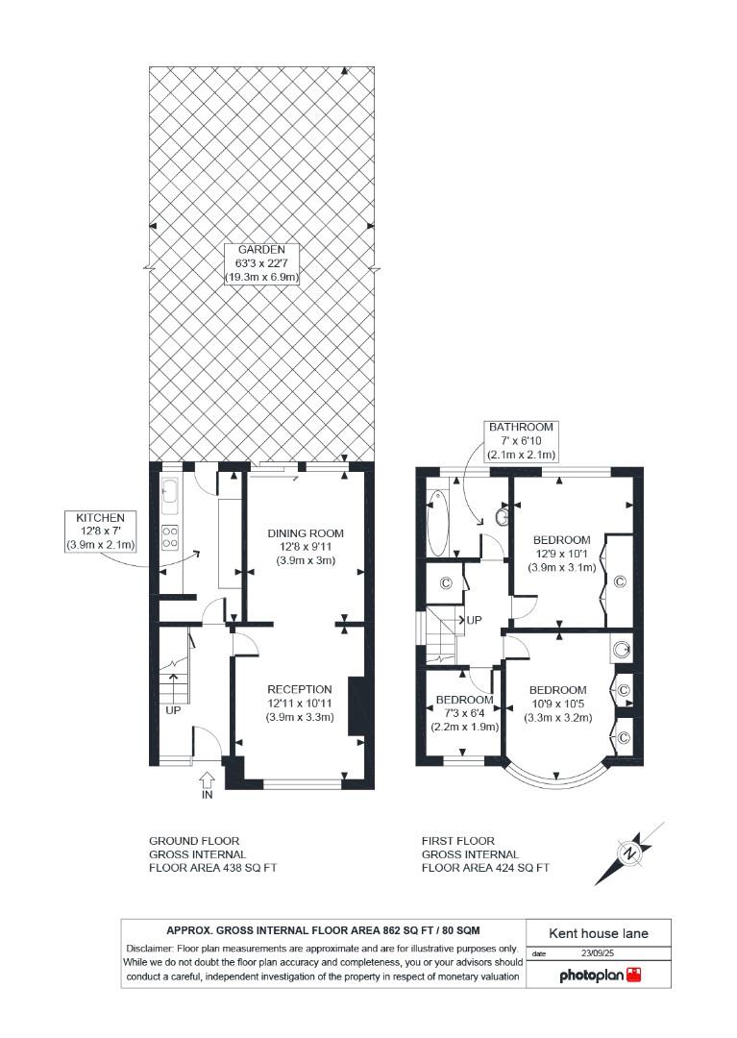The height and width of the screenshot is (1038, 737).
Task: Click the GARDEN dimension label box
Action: pos(262,263)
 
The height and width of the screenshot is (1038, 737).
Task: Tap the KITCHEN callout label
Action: pos(101,531)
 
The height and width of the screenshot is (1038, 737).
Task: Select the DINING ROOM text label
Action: pos(306,546)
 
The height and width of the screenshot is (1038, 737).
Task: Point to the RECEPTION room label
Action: pos(300,703)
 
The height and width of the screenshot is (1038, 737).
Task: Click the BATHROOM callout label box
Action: pos(522,439)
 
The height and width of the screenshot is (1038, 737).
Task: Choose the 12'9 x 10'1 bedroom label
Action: pos(562,553)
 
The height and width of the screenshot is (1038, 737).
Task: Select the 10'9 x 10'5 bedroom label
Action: pos(557,704)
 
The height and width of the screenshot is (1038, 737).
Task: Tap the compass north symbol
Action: pos(629,853)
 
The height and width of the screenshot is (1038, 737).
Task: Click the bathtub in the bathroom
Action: pos(437,523)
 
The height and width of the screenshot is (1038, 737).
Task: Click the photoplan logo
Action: pos(600,975)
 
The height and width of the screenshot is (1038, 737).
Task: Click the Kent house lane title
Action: pos(598,932)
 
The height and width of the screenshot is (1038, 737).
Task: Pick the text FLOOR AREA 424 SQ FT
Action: pos(485,867)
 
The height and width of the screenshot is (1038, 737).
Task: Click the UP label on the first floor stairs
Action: pos(474,621)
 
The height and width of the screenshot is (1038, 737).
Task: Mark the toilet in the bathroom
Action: pos(501,518)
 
